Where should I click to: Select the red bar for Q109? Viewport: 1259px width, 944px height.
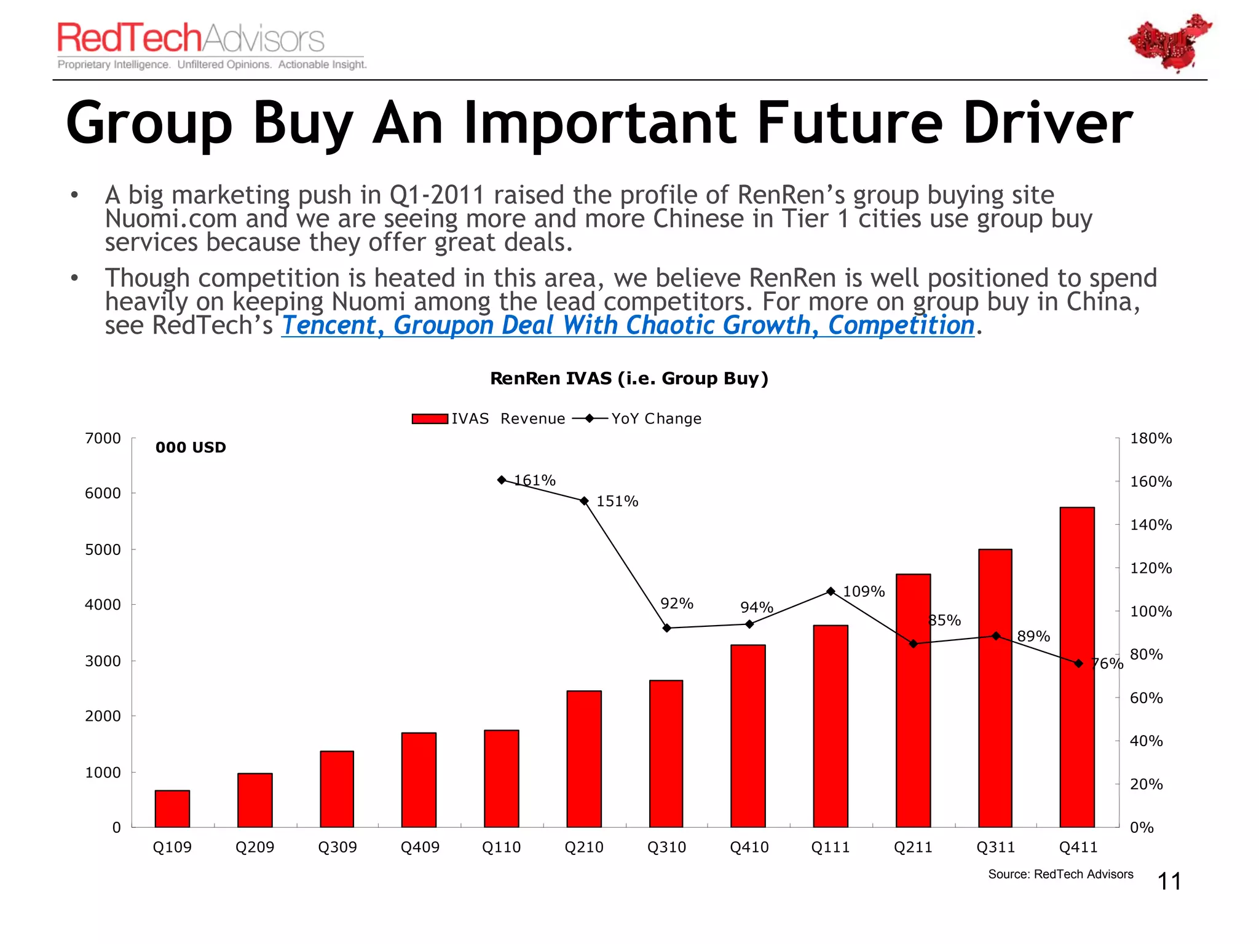tap(172, 809)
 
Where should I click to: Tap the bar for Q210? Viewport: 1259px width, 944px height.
tap(584, 759)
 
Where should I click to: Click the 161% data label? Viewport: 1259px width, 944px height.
tap(535, 480)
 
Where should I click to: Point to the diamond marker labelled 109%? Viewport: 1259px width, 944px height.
tap(831, 591)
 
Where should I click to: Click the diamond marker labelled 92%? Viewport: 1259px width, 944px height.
tap(667, 628)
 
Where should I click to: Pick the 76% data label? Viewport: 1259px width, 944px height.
tap(1107, 664)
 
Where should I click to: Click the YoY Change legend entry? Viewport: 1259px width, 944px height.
tap(637, 419)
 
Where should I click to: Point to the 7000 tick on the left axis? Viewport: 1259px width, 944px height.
tap(103, 438)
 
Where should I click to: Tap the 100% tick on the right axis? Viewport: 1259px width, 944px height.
tap(1151, 612)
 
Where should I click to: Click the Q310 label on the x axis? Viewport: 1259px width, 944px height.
tap(666, 847)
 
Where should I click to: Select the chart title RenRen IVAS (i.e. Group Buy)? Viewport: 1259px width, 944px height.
tap(629, 378)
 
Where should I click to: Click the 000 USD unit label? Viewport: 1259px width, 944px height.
tap(191, 447)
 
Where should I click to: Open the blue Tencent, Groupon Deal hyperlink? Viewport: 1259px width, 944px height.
tap(628, 325)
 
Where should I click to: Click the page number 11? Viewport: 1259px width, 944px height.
tap(1169, 881)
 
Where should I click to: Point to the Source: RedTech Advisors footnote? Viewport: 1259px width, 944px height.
tap(1060, 874)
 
